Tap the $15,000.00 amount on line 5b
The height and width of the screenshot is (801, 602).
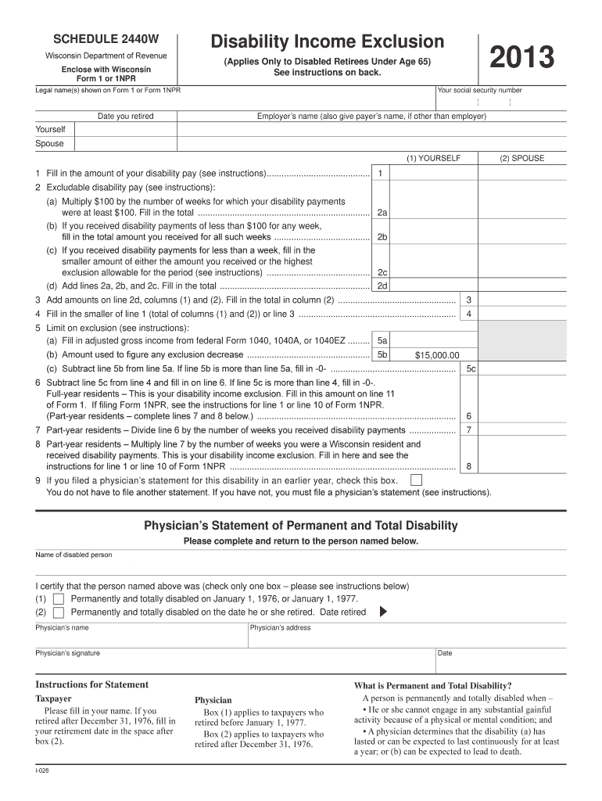click(436, 354)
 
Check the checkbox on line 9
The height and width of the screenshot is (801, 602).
click(417, 480)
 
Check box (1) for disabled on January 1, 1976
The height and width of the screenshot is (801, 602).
click(59, 599)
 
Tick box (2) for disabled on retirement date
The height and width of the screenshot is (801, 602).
click(59, 612)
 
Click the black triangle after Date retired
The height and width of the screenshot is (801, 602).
click(382, 612)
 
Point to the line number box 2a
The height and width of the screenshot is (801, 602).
click(382, 212)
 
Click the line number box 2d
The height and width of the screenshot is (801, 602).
click(382, 286)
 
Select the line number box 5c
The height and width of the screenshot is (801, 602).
click(470, 368)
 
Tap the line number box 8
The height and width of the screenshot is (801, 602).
click(468, 466)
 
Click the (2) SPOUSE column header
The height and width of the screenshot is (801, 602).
click(522, 158)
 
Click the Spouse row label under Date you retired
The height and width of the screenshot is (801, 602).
click(49, 144)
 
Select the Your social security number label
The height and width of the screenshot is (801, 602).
click(480, 90)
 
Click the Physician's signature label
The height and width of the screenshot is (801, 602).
click(67, 653)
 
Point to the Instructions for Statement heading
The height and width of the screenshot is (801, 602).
click(91, 684)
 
